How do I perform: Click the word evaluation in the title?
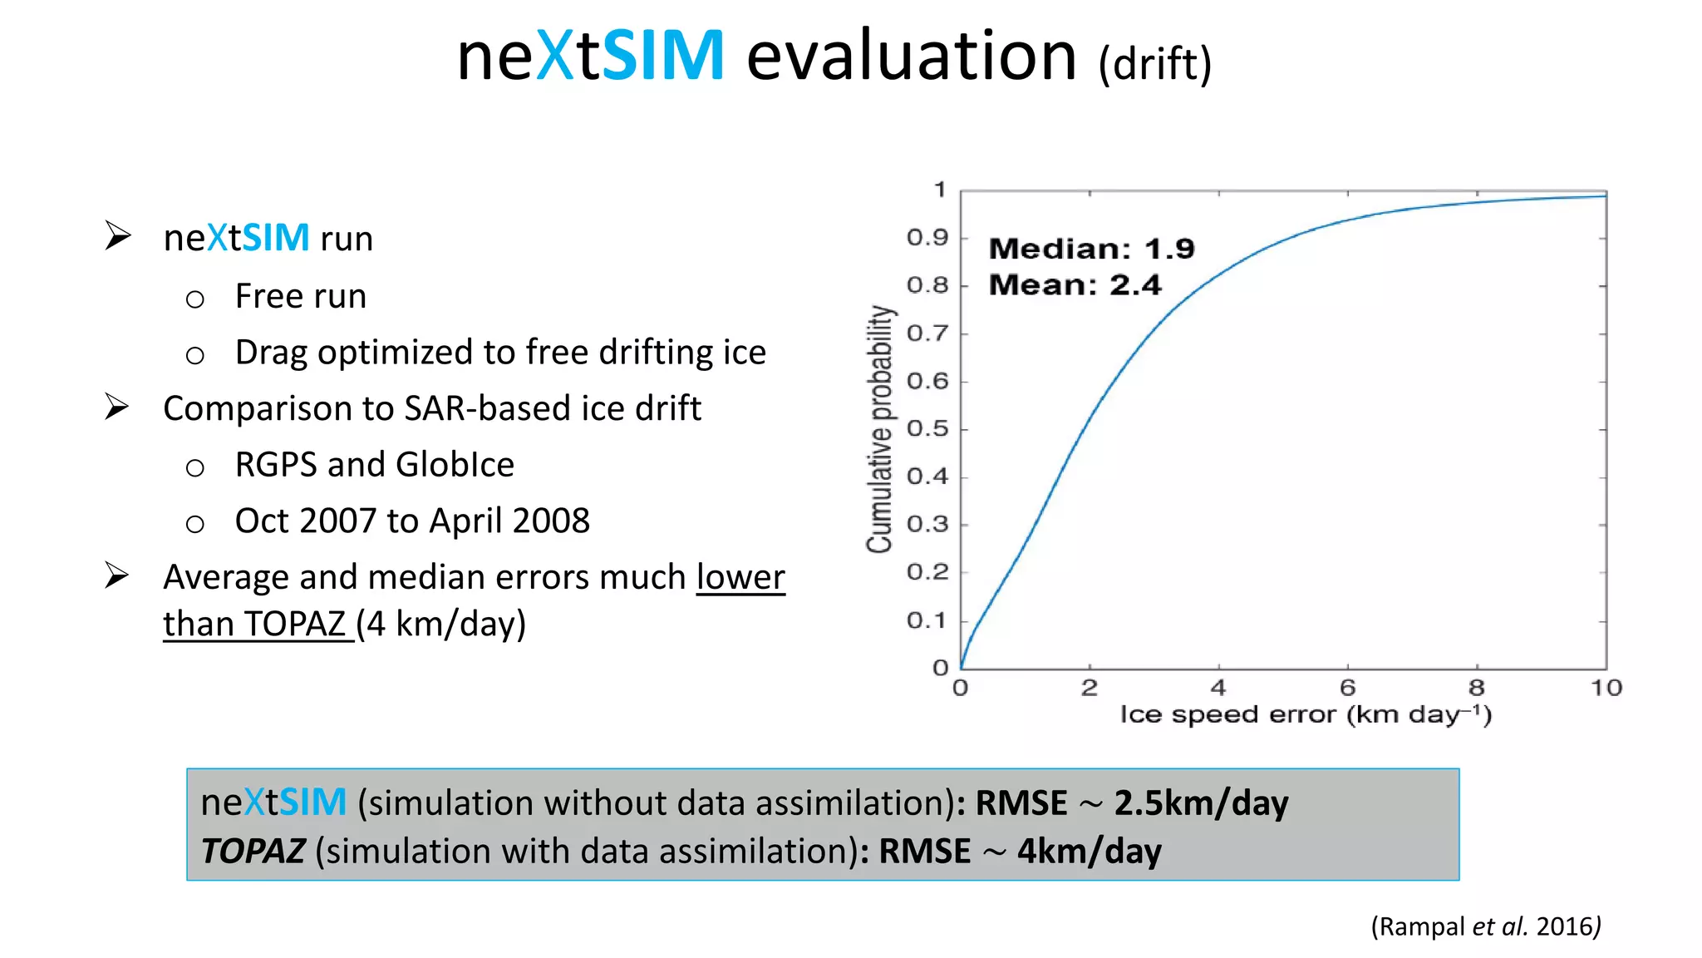pos(911,57)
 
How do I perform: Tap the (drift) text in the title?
pos(1154,64)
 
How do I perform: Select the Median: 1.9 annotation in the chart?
pos(1091,249)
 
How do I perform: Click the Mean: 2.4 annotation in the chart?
pos(1075,285)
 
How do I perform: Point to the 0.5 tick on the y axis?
pos(927,429)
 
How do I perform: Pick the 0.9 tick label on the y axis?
pos(927,238)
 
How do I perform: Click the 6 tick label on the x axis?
pos(1347,688)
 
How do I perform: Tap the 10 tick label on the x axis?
pos(1606,688)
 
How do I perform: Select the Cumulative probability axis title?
pos(879,429)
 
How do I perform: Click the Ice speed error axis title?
pos(1305,714)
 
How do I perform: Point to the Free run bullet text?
pos(300,297)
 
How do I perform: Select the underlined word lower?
pos(740,577)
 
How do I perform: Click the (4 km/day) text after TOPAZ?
pos(441,624)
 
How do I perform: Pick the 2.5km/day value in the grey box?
pos(1200,803)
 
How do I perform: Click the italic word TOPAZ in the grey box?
pos(253,852)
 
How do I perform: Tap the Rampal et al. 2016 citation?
pos(1485,926)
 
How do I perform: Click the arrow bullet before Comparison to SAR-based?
pos(117,407)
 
